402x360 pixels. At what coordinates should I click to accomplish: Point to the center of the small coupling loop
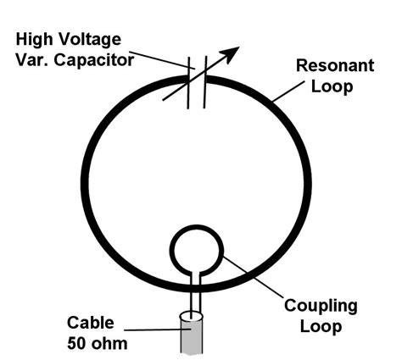click(x=197, y=246)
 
